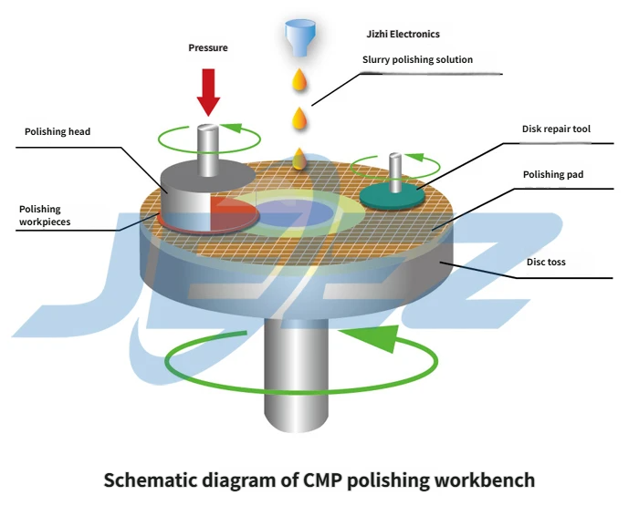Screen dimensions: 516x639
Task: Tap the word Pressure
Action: click(208, 47)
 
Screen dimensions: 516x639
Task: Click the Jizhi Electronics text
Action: click(402, 35)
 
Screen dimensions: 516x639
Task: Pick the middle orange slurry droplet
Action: click(299, 118)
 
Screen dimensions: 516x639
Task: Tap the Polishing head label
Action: click(58, 132)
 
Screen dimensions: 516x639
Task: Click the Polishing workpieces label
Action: click(45, 215)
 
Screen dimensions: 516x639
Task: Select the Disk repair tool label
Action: click(556, 129)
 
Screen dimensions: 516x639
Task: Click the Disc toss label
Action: click(546, 263)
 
